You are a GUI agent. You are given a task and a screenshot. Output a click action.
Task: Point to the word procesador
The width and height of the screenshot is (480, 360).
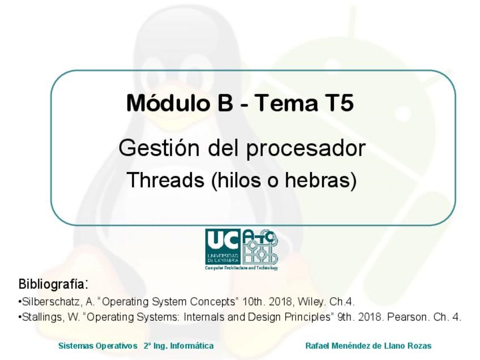(306, 149)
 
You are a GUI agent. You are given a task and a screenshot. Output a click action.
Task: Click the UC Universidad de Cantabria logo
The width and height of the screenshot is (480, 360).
(223, 246)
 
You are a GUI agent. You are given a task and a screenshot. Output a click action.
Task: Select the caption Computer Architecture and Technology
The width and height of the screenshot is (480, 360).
(242, 268)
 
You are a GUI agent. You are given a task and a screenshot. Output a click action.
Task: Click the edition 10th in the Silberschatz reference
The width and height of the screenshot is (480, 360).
(253, 302)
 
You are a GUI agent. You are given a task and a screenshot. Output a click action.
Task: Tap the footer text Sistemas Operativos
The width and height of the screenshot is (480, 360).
(98, 346)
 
